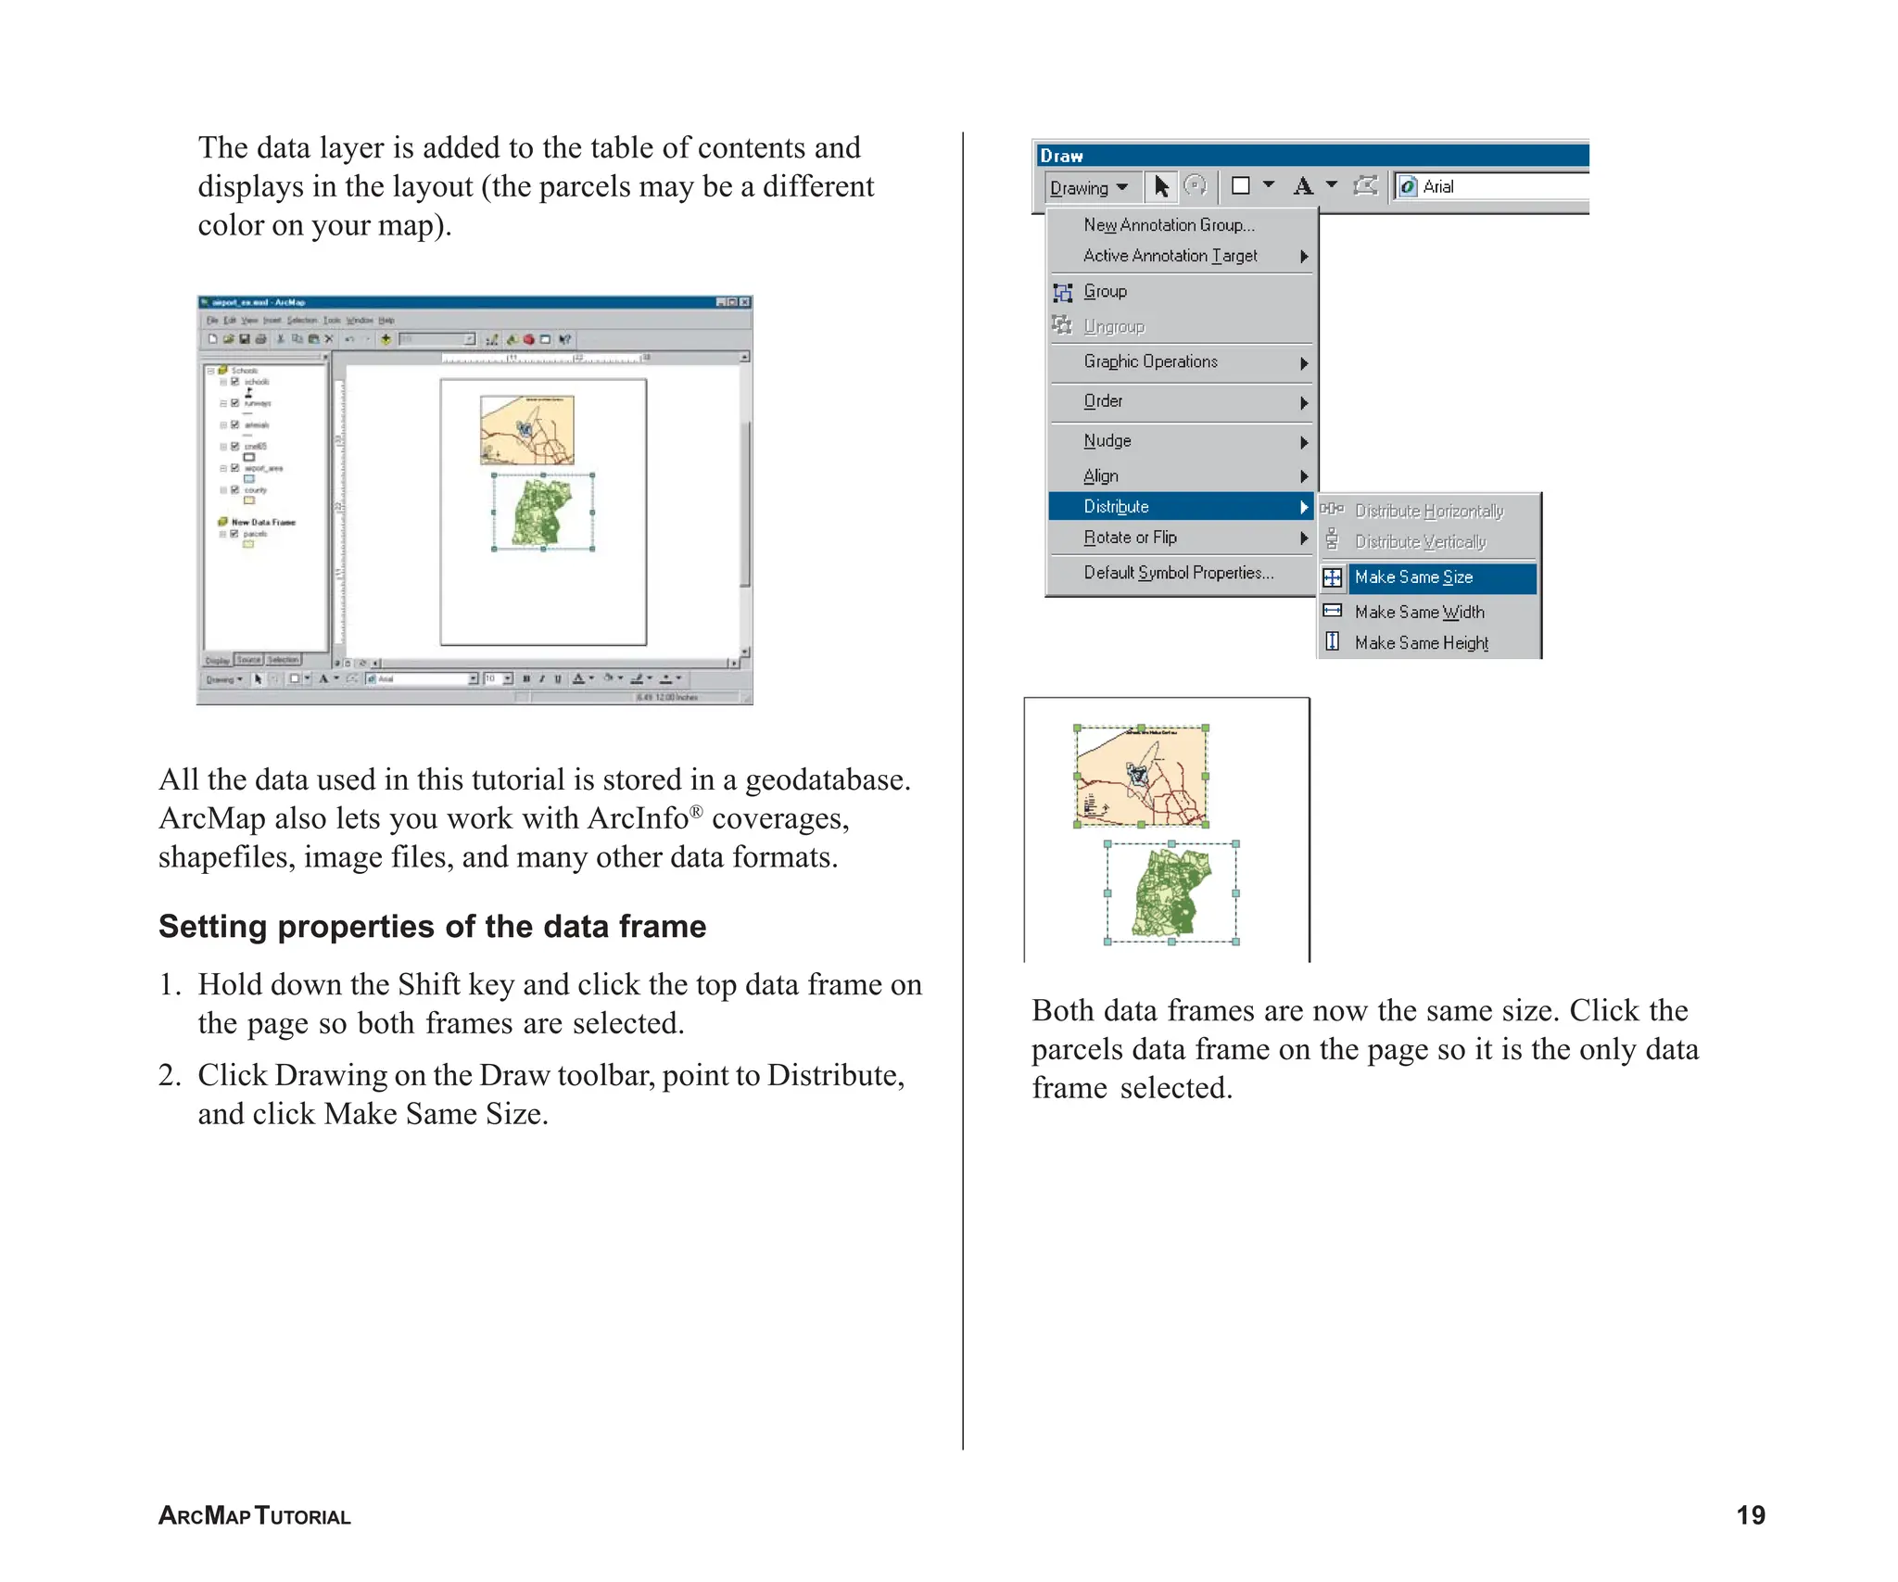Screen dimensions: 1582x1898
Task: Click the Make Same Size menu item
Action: coord(1414,577)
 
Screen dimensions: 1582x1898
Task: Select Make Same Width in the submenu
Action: coord(1419,612)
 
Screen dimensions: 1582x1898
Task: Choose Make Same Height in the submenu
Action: coord(1421,642)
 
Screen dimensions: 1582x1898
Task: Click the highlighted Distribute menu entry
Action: coord(1117,506)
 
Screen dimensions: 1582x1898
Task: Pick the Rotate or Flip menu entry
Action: coord(1131,538)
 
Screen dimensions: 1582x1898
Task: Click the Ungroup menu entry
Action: coord(1114,326)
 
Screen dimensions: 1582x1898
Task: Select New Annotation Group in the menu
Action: coord(1169,225)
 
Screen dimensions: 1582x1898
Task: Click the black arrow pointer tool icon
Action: coord(1161,187)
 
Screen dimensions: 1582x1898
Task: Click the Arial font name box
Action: coord(1492,187)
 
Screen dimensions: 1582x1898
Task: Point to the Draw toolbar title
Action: coord(1062,156)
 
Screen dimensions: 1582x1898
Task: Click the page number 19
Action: coord(1750,1514)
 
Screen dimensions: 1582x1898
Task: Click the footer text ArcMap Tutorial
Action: coord(255,1515)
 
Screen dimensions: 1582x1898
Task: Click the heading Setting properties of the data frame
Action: coord(432,926)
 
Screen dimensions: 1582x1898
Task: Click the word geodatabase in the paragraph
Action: coord(827,779)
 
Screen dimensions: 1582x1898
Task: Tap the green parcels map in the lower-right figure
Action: coord(1171,893)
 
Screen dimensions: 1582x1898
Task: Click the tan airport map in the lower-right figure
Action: coord(1141,776)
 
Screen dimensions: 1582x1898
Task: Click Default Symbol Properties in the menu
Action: coord(1178,573)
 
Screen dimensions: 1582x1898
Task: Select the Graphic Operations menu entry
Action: coord(1150,361)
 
